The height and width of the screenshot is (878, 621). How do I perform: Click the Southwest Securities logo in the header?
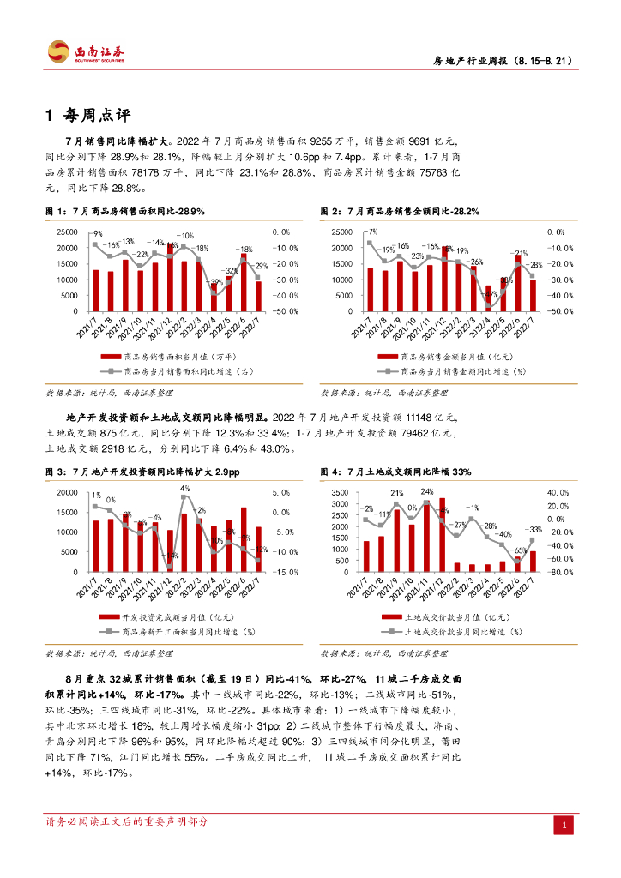point(86,52)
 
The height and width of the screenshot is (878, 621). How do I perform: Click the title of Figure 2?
point(400,211)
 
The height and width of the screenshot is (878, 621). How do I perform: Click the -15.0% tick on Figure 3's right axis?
point(286,572)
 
